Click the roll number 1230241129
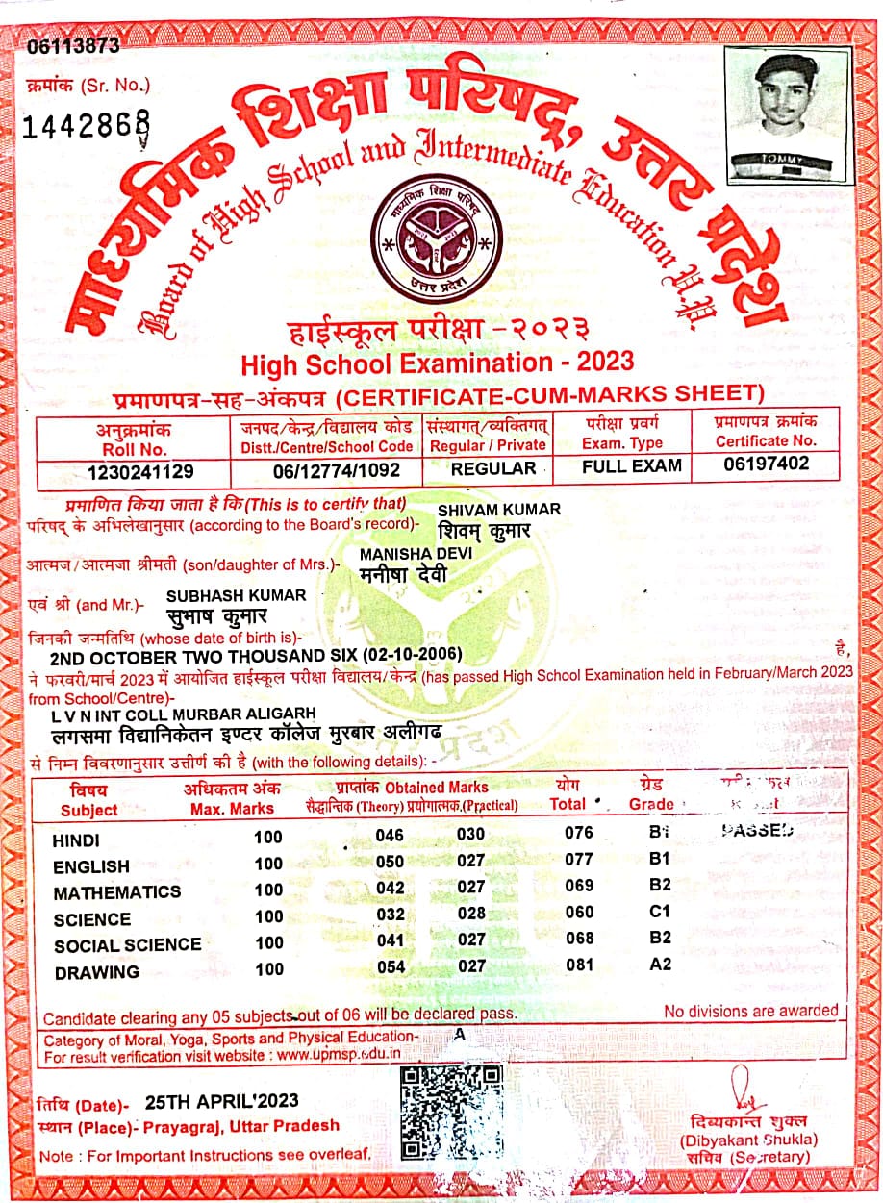[139, 471]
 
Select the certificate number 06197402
[766, 464]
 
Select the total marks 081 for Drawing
[579, 965]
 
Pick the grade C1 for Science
[660, 911]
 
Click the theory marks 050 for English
[391, 861]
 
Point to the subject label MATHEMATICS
[116, 892]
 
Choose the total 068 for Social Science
[579, 938]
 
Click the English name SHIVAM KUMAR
[498, 509]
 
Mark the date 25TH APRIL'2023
[221, 1101]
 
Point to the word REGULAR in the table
[493, 468]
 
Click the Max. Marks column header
[232, 799]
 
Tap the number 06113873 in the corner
[74, 45]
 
